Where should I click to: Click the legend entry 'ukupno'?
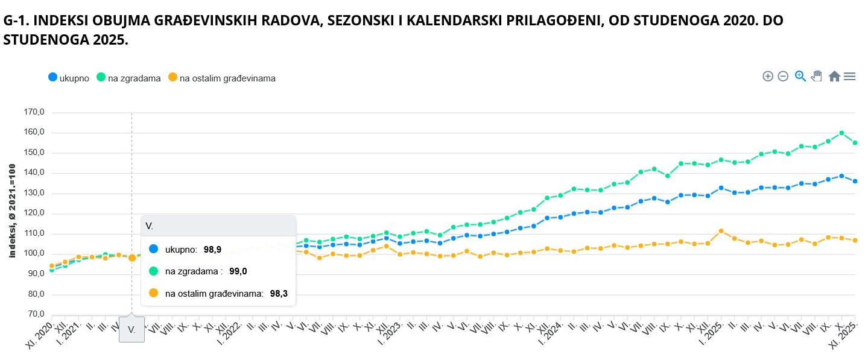pos(74,78)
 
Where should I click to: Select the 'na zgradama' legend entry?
pos(134,78)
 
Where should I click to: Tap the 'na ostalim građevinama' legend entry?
pos(227,78)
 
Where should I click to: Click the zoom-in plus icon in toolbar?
pos(768,76)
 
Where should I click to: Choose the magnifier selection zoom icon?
pos(800,76)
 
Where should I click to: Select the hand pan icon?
pos(817,76)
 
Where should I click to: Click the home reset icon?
pos(834,76)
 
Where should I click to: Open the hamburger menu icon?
pos(850,76)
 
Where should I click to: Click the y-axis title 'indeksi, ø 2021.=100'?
pos(12,210)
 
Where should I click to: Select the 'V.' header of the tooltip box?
pos(150,226)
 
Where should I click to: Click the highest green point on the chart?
pos(841,133)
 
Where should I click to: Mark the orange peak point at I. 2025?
pos(721,231)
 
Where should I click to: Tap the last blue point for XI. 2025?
pos(855,181)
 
